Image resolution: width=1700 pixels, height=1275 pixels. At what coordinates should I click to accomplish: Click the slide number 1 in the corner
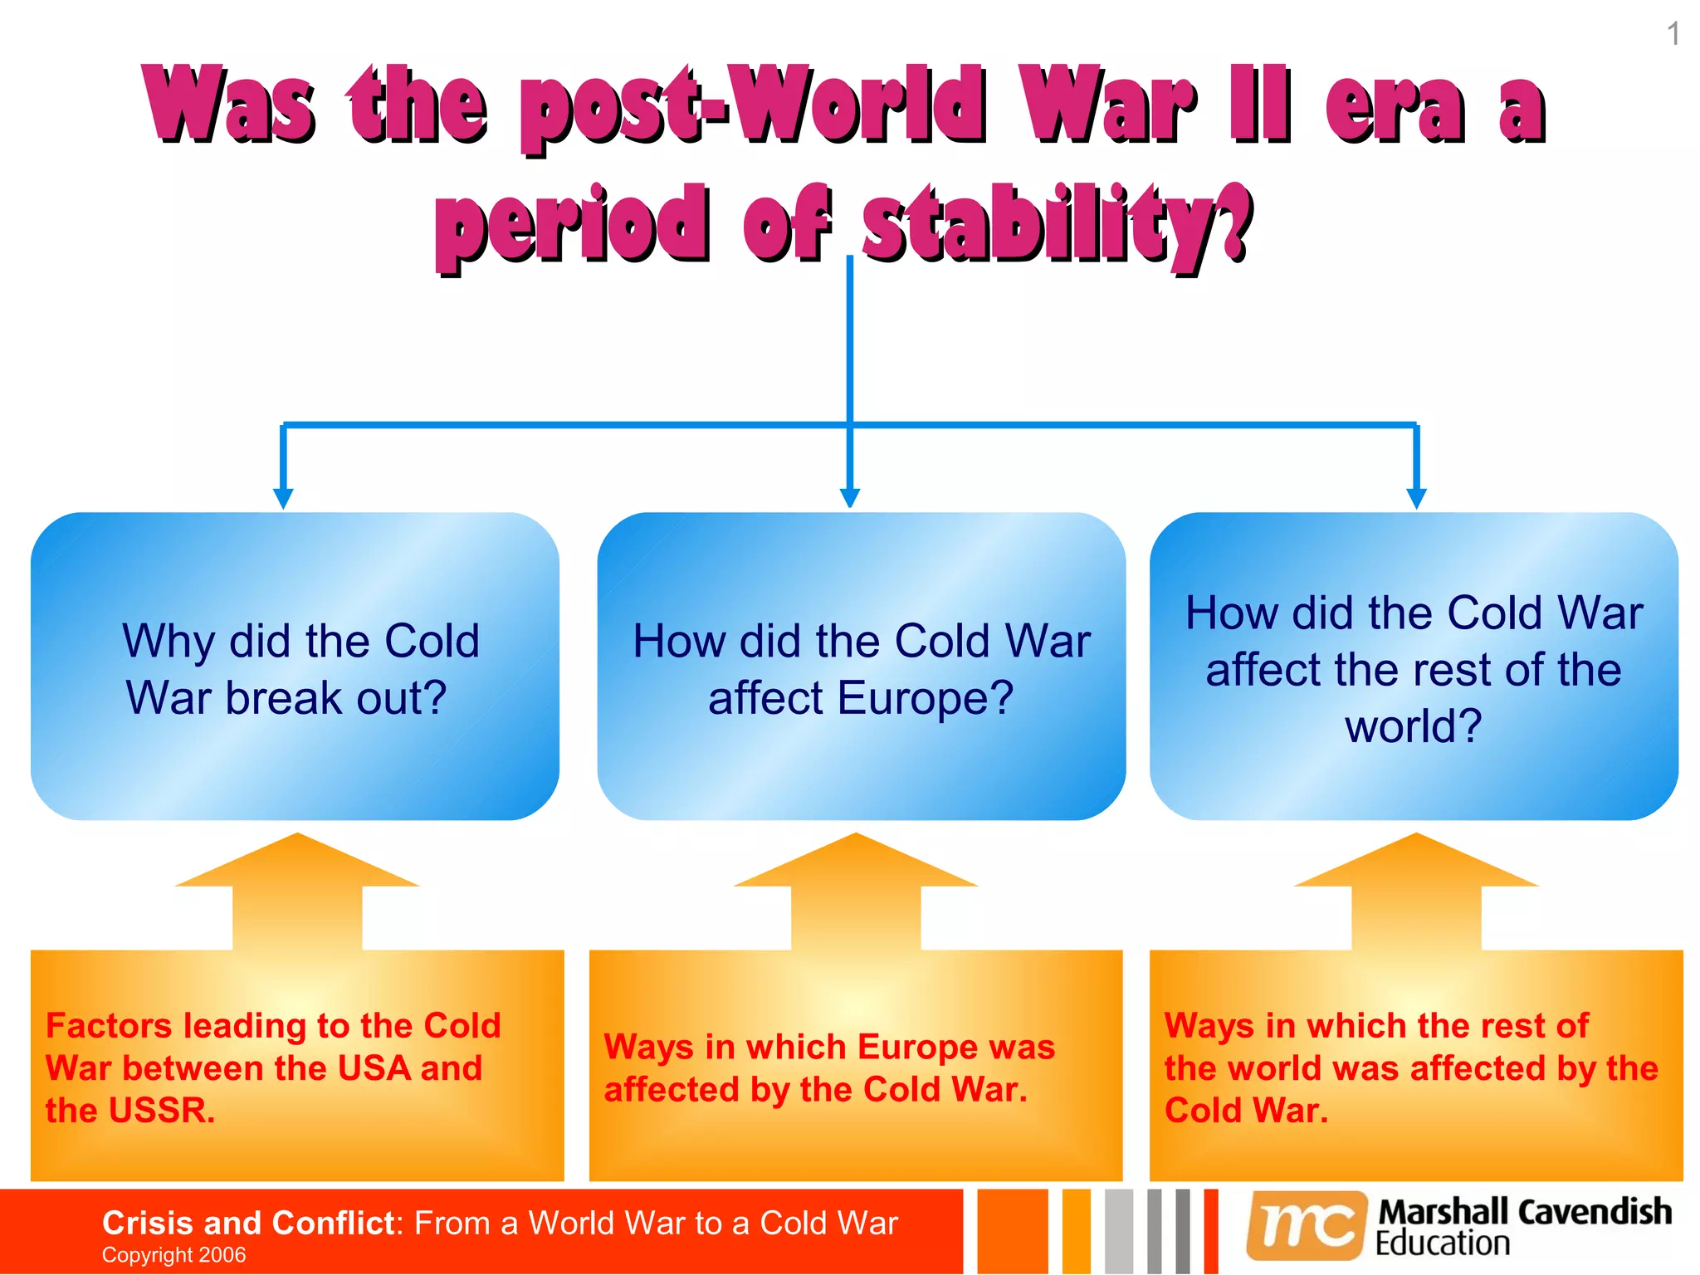click(x=1673, y=35)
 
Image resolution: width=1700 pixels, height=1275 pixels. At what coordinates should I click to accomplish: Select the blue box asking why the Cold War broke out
click(x=295, y=667)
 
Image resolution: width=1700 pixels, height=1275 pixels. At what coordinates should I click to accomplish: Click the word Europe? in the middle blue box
click(x=925, y=698)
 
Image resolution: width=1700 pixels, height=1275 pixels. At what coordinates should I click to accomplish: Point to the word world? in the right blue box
click(x=1413, y=726)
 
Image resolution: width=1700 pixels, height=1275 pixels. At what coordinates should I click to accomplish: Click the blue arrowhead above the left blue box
click(x=283, y=498)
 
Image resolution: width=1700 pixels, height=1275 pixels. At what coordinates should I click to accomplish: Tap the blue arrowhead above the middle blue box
click(x=849, y=496)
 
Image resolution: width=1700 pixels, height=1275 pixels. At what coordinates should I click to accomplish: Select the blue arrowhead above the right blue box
click(x=1416, y=498)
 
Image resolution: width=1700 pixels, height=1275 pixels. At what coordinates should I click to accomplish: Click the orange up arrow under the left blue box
click(x=297, y=892)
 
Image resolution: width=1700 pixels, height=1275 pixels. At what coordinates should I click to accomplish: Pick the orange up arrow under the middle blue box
click(x=856, y=892)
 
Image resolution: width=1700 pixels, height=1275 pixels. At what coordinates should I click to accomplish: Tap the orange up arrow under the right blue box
click(x=1416, y=892)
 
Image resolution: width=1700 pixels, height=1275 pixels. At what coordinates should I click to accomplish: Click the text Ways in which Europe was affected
click(x=828, y=1068)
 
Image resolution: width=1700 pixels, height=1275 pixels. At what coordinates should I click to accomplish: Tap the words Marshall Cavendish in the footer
click(x=1524, y=1212)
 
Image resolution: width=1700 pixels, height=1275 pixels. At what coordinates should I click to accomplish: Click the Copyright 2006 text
click(x=173, y=1255)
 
